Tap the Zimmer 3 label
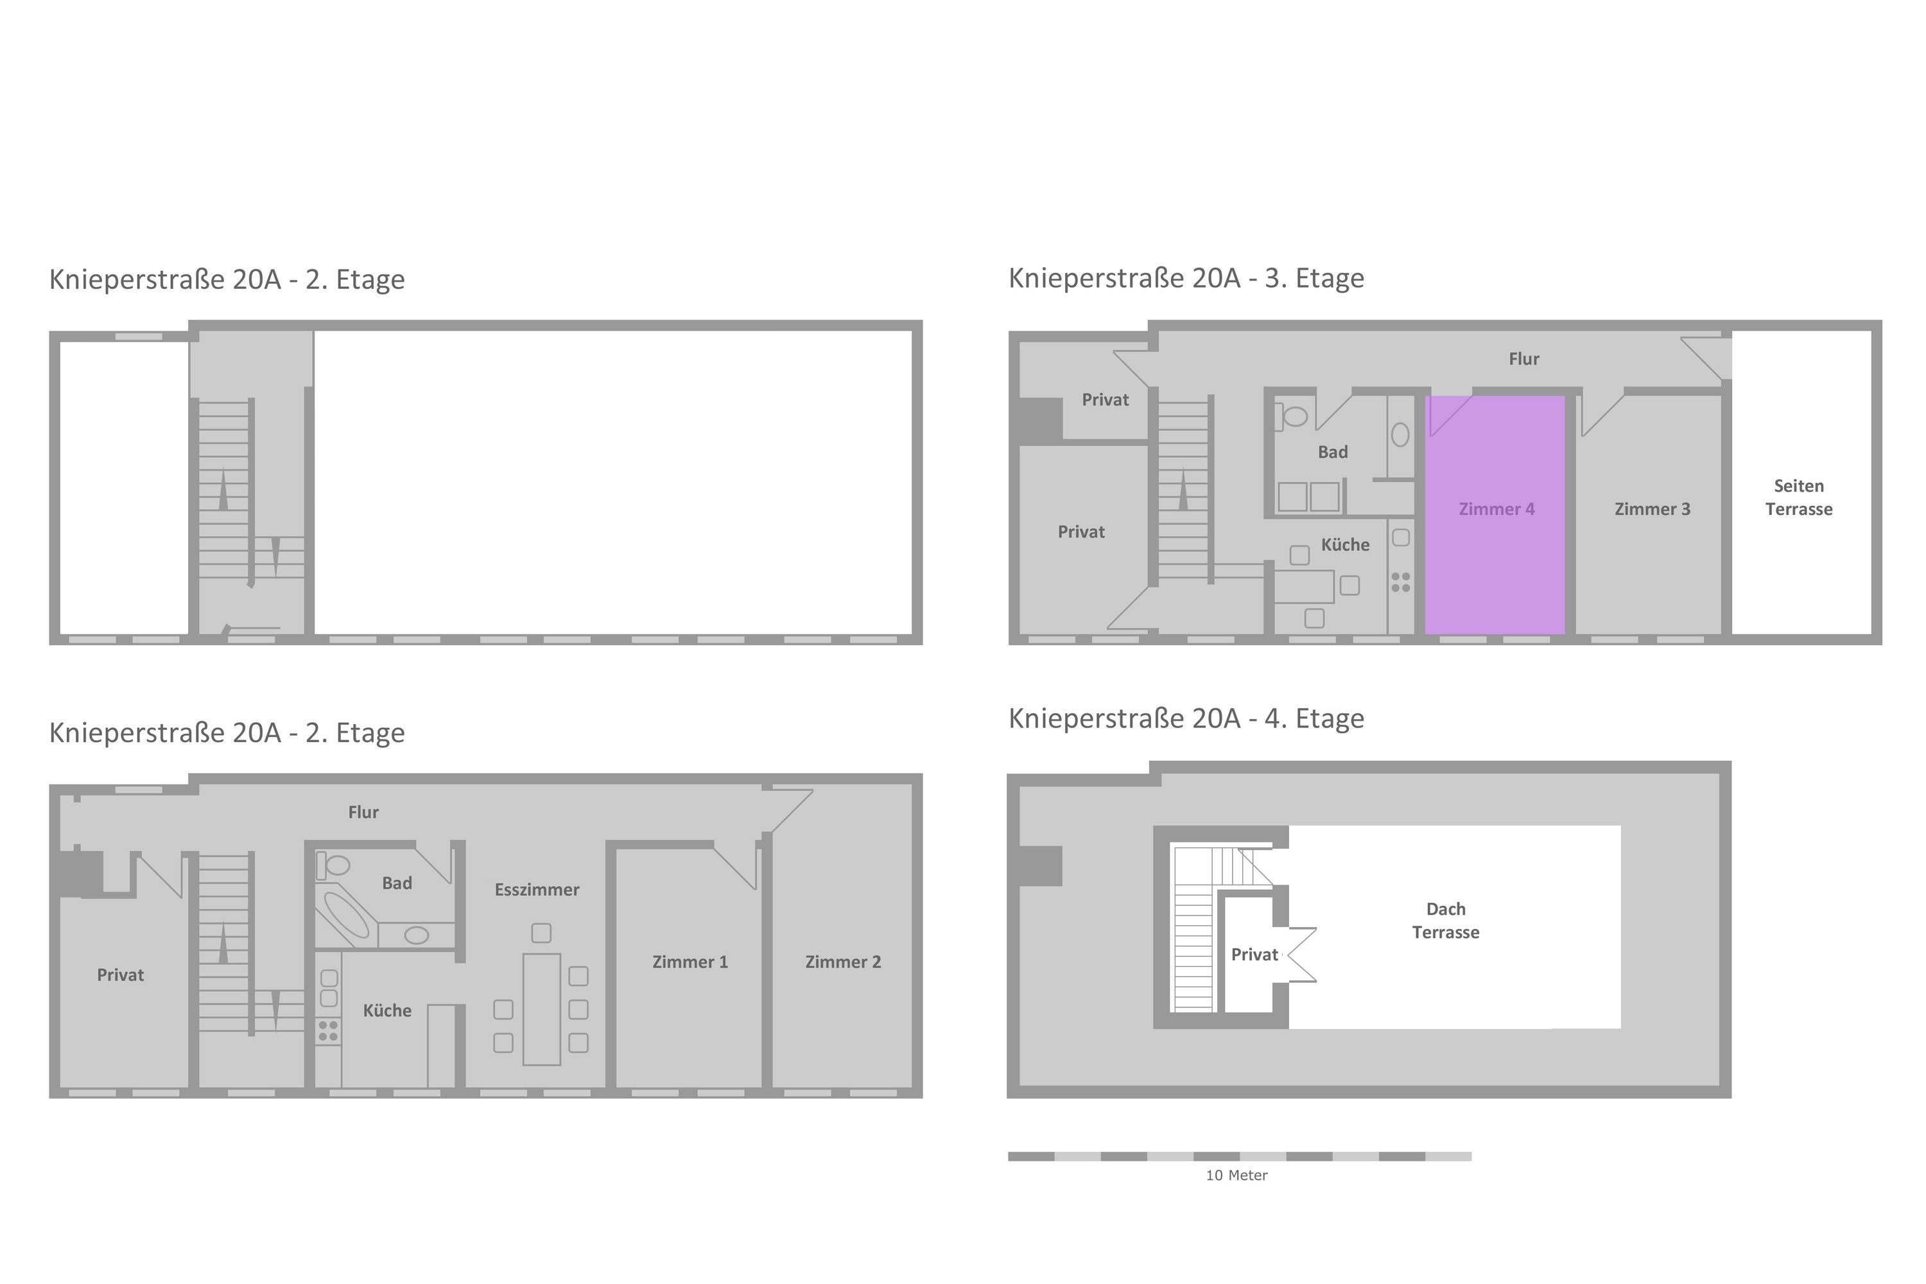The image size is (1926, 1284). pyautogui.click(x=1652, y=509)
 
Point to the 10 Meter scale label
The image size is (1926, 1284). pyautogui.click(x=1236, y=1175)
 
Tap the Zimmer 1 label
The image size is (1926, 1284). pyautogui.click(x=690, y=962)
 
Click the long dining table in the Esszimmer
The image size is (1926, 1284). pyautogui.click(x=541, y=1009)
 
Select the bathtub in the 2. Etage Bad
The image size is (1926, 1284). pyautogui.click(x=347, y=914)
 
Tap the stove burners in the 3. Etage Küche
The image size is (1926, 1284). pyautogui.click(x=1400, y=582)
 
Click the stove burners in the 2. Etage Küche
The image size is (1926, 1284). pyautogui.click(x=327, y=1031)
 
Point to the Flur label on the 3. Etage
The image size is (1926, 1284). pyautogui.click(x=1524, y=359)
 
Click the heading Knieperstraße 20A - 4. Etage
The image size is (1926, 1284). pyautogui.click(x=1186, y=718)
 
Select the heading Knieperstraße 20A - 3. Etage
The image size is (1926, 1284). pyautogui.click(x=1186, y=279)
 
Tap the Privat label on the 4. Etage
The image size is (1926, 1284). pyautogui.click(x=1254, y=955)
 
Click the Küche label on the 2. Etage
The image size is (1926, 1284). pyautogui.click(x=386, y=1011)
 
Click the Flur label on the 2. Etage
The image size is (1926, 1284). pyautogui.click(x=363, y=812)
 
